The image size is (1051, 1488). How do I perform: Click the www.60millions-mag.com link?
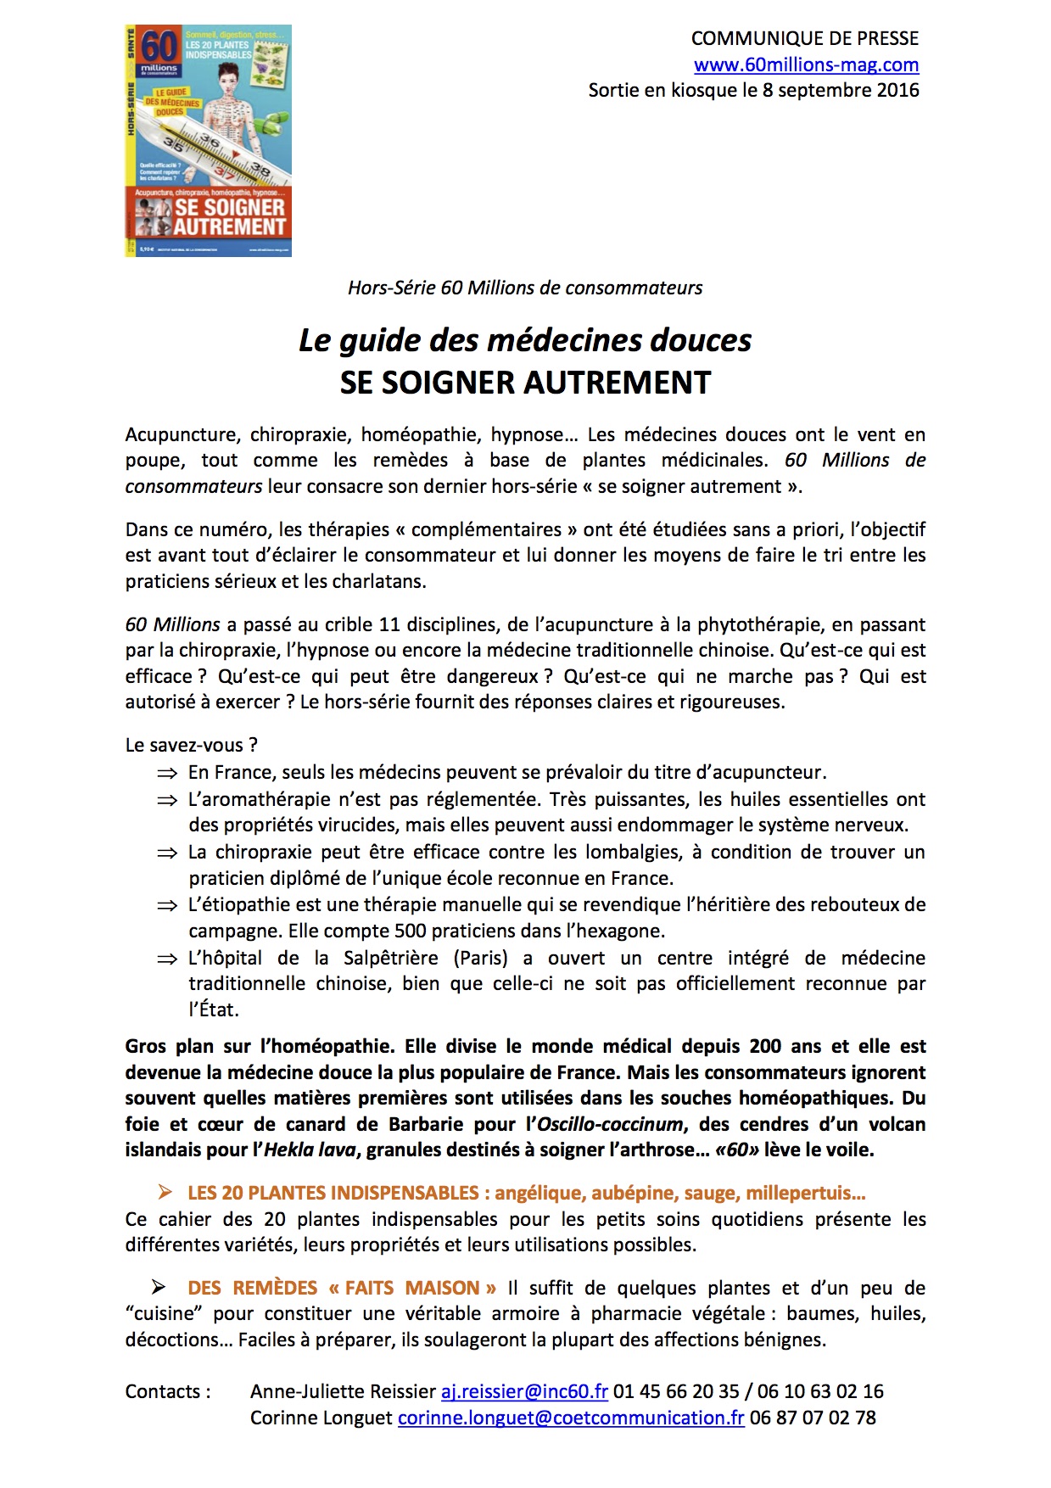(x=806, y=64)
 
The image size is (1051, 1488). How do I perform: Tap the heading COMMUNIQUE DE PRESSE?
(x=804, y=38)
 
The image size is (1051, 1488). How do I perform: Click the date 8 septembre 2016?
(x=840, y=90)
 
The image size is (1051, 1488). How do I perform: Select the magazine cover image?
(x=209, y=140)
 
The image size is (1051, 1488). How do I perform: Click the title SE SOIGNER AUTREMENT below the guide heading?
(x=525, y=383)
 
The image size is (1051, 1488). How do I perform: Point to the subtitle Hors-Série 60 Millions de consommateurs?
(x=525, y=288)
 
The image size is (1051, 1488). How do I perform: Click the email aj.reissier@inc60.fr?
(x=524, y=1391)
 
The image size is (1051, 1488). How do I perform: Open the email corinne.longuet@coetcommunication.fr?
(x=571, y=1418)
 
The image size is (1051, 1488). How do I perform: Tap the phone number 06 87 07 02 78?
(x=813, y=1418)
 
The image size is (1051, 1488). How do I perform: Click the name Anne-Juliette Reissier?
(x=343, y=1391)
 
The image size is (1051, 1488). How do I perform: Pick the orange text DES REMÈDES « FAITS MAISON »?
(x=342, y=1288)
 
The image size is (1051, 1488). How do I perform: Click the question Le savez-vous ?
(x=192, y=745)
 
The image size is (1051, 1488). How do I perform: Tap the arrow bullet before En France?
(x=167, y=773)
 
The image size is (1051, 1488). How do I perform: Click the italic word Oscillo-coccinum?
(x=610, y=1124)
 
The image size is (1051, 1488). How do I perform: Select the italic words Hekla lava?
(x=310, y=1150)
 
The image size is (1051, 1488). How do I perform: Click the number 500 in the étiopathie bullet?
(x=411, y=931)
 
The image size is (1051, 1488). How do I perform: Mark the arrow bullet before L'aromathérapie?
(x=167, y=800)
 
